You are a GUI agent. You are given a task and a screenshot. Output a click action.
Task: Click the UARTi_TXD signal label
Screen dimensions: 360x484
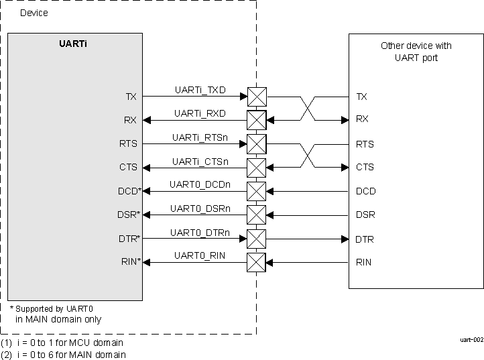click(200, 90)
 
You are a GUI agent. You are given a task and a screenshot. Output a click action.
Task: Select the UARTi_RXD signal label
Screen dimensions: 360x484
click(200, 113)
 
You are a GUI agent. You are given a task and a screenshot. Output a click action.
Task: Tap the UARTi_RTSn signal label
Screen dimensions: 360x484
click(199, 137)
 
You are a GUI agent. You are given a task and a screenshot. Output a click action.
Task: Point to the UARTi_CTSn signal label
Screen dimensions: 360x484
click(199, 162)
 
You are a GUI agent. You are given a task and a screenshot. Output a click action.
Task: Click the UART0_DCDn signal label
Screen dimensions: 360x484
click(199, 184)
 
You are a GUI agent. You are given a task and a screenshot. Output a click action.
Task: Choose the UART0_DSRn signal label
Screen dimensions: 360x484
click(199, 208)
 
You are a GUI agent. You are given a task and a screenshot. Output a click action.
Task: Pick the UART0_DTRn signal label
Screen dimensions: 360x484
click(199, 233)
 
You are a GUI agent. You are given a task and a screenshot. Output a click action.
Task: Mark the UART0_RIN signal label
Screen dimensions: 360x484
click(199, 255)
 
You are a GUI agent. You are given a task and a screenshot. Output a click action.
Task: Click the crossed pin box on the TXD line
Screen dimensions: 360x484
click(257, 97)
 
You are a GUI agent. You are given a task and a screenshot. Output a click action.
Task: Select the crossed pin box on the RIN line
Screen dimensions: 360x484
click(257, 262)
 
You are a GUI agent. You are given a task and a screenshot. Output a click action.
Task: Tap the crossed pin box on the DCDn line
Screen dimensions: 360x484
click(257, 191)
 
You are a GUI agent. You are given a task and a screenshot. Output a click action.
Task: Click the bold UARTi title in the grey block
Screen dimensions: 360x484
click(74, 44)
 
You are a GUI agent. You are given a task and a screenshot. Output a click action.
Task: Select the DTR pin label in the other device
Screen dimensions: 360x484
click(365, 239)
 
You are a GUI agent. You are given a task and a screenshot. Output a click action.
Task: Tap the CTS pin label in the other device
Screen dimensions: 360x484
click(365, 168)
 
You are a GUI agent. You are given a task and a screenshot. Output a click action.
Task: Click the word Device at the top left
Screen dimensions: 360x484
click(34, 13)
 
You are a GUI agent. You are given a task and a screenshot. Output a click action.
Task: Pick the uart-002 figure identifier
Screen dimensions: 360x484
click(471, 340)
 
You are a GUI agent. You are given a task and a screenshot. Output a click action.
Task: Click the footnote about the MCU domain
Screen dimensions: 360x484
click(62, 343)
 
